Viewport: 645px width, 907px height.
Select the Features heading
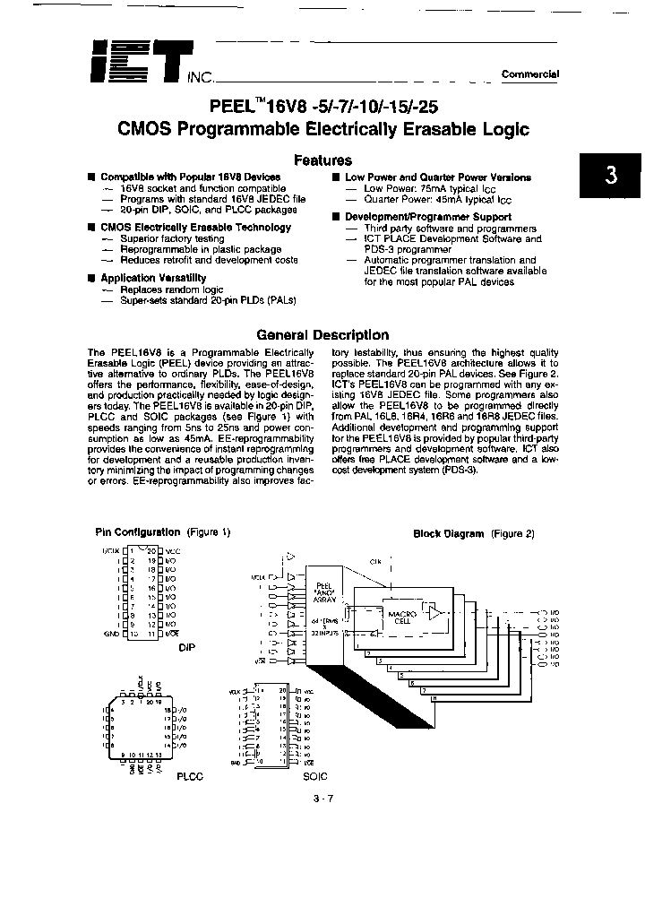[322, 160]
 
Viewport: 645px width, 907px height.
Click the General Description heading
[322, 335]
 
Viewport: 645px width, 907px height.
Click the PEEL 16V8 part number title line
[323, 104]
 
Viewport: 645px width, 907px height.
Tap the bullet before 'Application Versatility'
[91, 279]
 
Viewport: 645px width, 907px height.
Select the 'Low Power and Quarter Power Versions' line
[438, 177]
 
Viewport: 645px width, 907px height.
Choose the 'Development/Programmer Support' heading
[428, 217]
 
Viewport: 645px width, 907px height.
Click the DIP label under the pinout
[187, 645]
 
